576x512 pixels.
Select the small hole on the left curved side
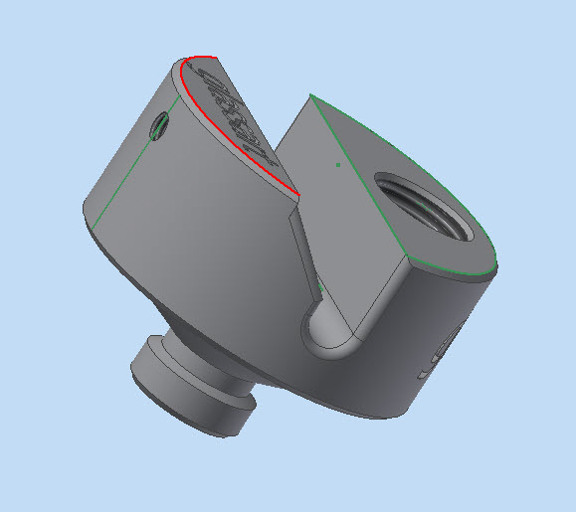[x=160, y=124]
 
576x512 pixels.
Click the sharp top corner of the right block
[x=310, y=94]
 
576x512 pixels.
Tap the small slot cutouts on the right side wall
[x=438, y=358]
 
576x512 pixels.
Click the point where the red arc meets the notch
[x=297, y=192]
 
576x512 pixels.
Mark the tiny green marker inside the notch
[x=320, y=289]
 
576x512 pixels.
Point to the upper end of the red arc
[x=185, y=62]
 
